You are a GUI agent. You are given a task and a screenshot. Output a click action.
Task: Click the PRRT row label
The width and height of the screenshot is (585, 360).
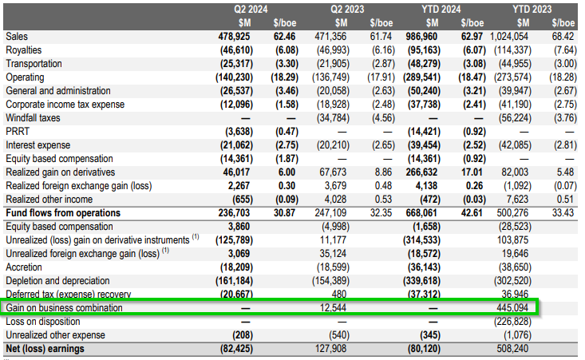coord(18,131)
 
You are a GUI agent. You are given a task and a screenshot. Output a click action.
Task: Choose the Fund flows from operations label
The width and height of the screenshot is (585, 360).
coord(62,212)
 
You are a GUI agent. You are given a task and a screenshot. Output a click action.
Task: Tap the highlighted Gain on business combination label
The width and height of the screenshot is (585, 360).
coord(65,307)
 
